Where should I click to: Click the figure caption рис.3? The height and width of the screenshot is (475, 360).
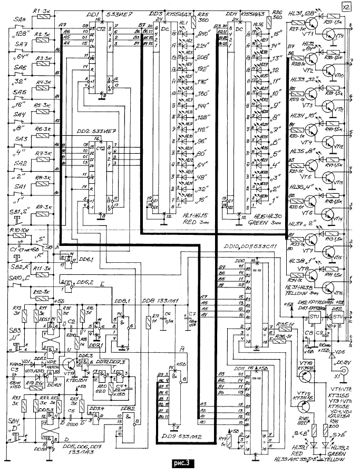tap(181, 464)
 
